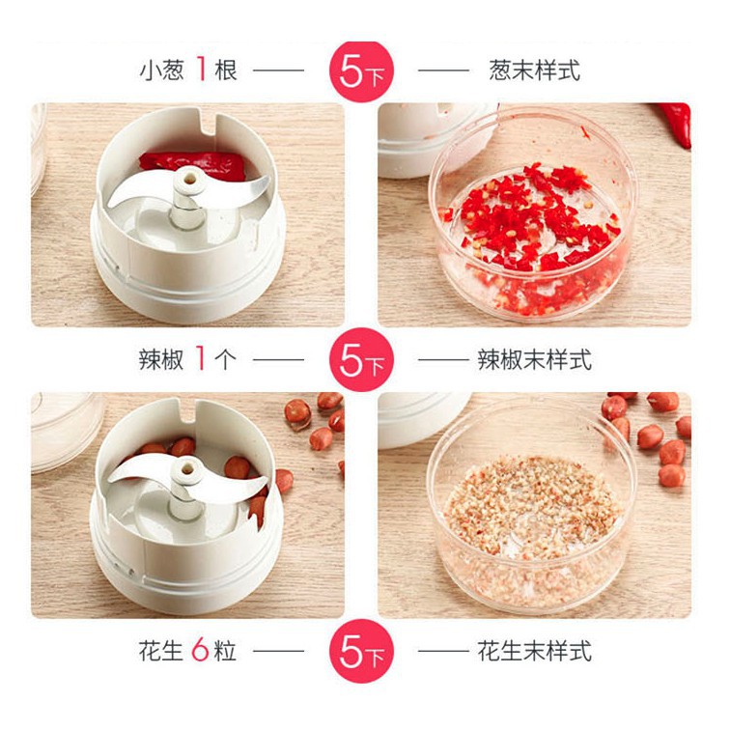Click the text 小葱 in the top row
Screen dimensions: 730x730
[162, 70]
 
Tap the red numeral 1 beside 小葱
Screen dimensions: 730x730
[201, 69]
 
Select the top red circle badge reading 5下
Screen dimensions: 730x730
[362, 71]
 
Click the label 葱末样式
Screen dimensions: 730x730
[535, 70]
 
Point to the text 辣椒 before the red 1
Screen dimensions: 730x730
[161, 359]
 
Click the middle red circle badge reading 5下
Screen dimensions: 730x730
[362, 360]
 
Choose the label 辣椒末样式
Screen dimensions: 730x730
[535, 360]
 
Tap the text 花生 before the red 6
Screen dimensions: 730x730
[160, 651]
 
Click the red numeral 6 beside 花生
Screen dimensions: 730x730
[200, 650]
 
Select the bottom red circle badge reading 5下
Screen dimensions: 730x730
[362, 651]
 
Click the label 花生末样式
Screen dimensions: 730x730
[535, 651]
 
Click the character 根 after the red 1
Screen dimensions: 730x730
[226, 70]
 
